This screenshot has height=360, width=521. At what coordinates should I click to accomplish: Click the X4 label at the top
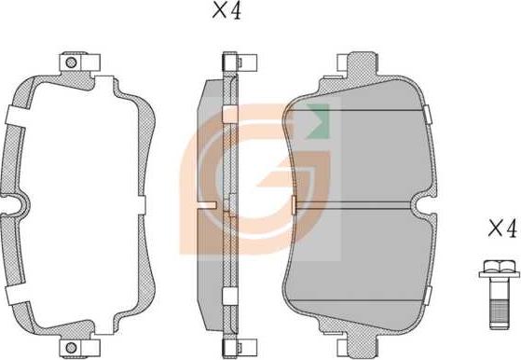[x=226, y=11]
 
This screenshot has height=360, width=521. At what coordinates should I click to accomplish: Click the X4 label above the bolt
[x=502, y=228]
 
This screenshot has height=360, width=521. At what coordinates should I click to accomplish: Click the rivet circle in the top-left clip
[x=71, y=62]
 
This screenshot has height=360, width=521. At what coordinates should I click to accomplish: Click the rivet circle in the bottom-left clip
[x=71, y=348]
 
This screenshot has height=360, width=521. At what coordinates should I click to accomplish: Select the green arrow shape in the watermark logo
[x=319, y=120]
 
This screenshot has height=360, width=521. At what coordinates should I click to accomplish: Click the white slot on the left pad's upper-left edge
[x=16, y=117]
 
